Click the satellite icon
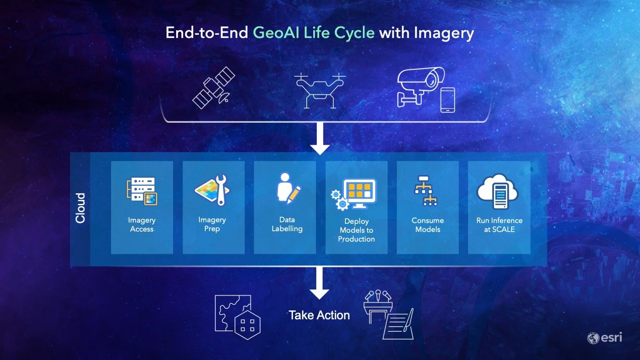tap(213, 88)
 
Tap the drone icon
tap(320, 90)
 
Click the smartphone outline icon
tap(447, 100)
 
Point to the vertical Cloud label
tap(80, 208)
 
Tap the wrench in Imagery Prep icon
tap(222, 189)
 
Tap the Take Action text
tap(319, 315)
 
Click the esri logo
tap(605, 337)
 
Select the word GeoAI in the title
tap(276, 33)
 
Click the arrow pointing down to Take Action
tap(319, 283)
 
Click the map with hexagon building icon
tap(238, 317)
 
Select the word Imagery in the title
tap(444, 33)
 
